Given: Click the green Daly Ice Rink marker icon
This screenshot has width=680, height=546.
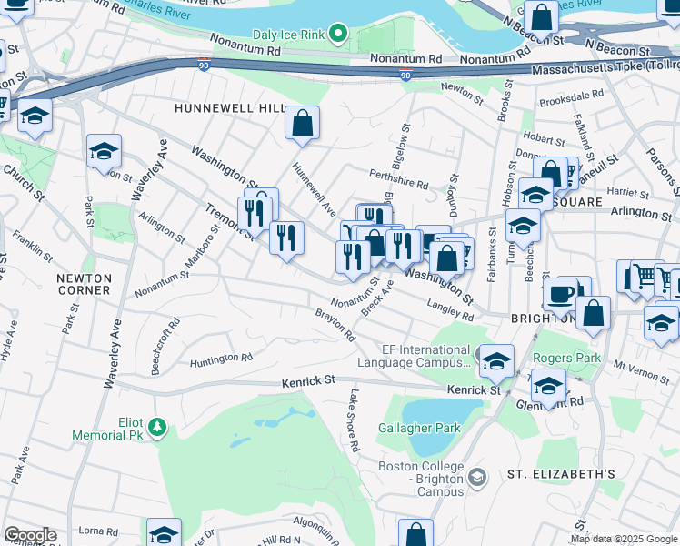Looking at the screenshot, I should click(338, 35).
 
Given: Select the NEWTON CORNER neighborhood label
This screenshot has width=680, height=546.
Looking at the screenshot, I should click(84, 284).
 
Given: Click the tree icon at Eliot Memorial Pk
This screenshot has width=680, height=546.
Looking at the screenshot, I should click(157, 426).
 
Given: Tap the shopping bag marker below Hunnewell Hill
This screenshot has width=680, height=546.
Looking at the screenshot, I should click(302, 123).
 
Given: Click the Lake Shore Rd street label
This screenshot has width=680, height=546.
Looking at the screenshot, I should click(352, 420).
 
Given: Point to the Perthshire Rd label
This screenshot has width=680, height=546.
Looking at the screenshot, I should click(398, 177).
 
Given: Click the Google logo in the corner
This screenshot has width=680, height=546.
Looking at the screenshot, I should click(30, 534).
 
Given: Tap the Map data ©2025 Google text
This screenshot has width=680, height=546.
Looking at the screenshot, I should click(624, 539).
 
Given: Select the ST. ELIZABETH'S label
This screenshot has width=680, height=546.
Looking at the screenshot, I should click(561, 474).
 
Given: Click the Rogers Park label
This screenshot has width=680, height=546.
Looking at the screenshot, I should click(566, 358).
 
